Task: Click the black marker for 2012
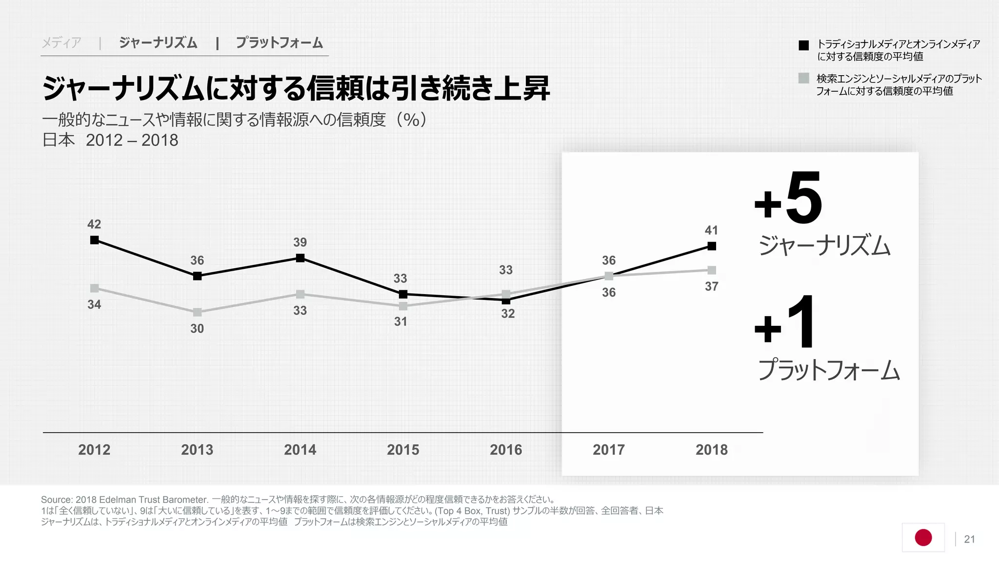pyautogui.click(x=95, y=240)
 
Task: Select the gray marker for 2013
pyautogui.click(x=197, y=312)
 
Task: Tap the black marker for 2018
pyautogui.click(x=712, y=246)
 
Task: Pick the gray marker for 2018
pyautogui.click(x=712, y=270)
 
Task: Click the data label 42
pyautogui.click(x=94, y=224)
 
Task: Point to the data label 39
pyautogui.click(x=300, y=242)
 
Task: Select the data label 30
pyautogui.click(x=197, y=329)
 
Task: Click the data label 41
pyautogui.click(x=711, y=230)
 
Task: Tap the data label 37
pyautogui.click(x=711, y=287)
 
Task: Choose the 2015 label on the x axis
pyautogui.click(x=403, y=450)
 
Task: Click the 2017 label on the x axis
pyautogui.click(x=609, y=450)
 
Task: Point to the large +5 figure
pyautogui.click(x=788, y=199)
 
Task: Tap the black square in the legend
pyautogui.click(x=804, y=45)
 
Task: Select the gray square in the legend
pyautogui.click(x=804, y=78)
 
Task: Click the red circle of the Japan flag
pyautogui.click(x=923, y=538)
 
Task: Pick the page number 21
pyautogui.click(x=969, y=539)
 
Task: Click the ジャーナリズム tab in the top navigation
pyautogui.click(x=158, y=43)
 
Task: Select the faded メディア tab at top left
pyautogui.click(x=61, y=43)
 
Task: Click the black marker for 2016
pyautogui.click(x=506, y=301)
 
